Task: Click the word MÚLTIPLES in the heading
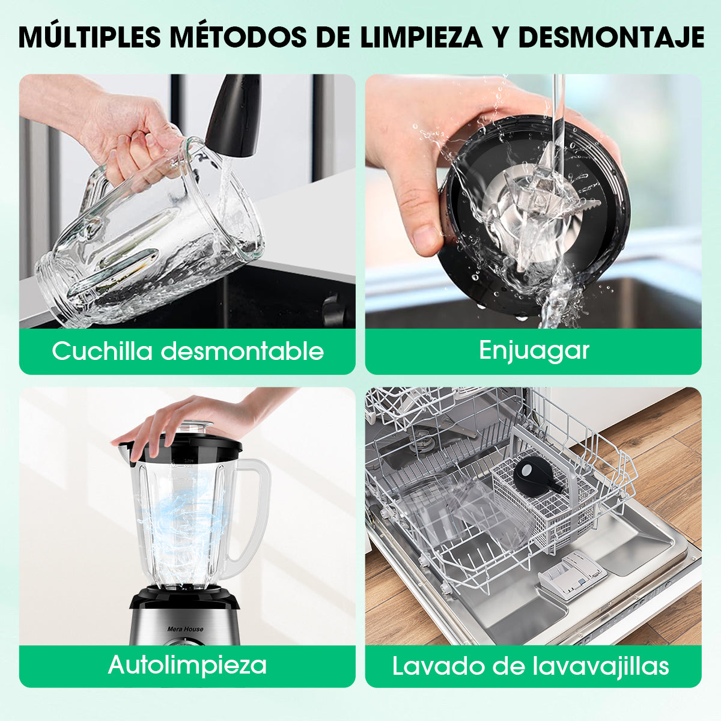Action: [x=90, y=37]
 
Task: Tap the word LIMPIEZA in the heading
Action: [x=421, y=37]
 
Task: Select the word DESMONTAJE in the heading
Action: [x=612, y=37]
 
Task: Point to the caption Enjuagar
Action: [x=534, y=351]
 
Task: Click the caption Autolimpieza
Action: [x=187, y=665]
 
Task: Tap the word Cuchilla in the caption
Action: [x=102, y=351]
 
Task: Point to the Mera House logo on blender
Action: [x=185, y=629]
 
